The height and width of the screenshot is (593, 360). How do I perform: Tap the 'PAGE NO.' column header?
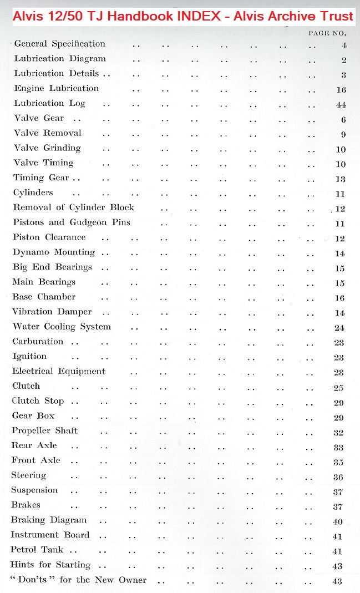327,33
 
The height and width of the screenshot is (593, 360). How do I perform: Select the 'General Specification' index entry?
60,44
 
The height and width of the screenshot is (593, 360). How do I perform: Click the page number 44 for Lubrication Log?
341,105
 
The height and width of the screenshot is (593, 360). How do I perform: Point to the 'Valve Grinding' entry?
48,148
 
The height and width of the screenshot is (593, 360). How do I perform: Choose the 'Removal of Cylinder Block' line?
74,207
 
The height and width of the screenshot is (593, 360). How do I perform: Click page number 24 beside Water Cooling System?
339,328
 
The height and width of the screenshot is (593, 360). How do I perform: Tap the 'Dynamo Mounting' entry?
54,252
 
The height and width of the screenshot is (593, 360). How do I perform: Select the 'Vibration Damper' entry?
52,312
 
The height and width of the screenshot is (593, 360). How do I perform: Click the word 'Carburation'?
38,342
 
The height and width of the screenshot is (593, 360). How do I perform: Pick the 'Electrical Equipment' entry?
59,371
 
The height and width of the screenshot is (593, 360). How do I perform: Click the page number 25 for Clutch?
339,387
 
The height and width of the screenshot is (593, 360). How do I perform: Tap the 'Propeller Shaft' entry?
45,431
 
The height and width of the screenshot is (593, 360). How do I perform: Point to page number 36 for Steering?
338,477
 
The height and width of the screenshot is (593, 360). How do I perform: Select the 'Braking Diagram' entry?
49,520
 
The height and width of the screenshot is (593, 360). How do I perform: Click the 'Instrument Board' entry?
50,535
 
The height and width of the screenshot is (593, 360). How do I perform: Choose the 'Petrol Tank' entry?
38,550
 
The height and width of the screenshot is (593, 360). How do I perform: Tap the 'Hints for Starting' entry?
50,565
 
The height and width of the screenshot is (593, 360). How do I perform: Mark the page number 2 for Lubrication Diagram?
344,60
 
